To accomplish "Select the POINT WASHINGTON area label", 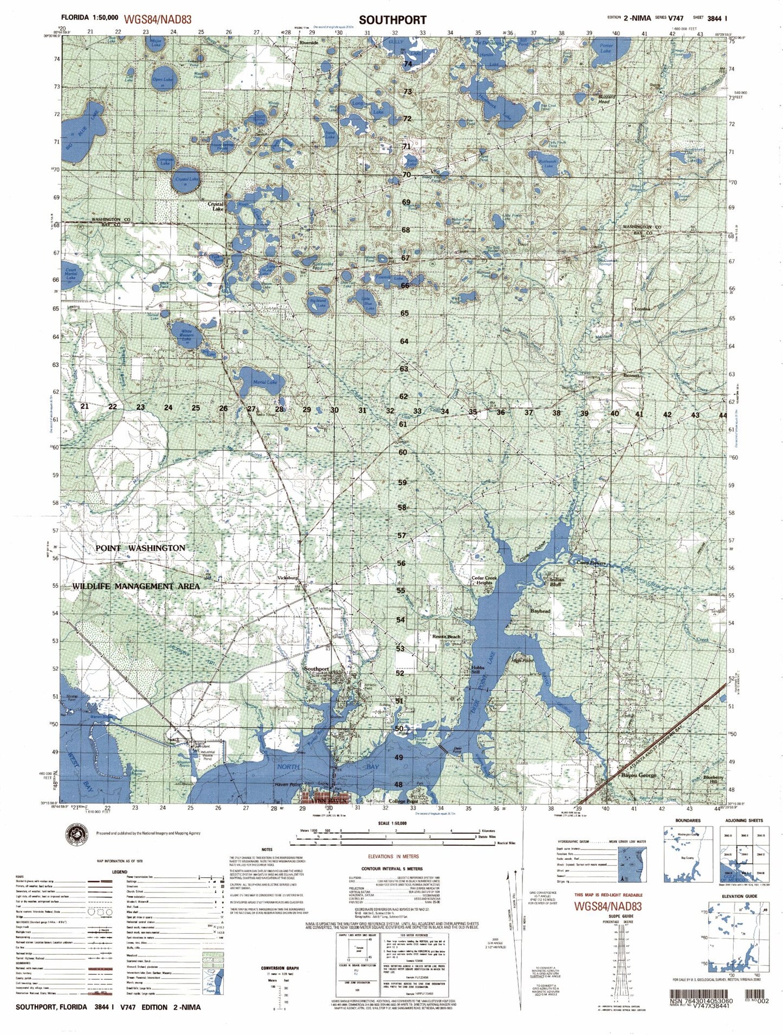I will (x=140, y=548).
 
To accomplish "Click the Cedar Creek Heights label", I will (x=484, y=580).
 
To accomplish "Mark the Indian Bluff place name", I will (x=557, y=582).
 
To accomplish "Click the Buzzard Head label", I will (x=604, y=99).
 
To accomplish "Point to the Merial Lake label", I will (x=265, y=382).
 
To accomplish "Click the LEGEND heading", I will (x=119, y=871).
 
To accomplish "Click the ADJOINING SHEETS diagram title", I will (x=743, y=820).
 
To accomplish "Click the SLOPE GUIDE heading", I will (x=611, y=915).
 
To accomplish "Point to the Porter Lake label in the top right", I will (x=606, y=48).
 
